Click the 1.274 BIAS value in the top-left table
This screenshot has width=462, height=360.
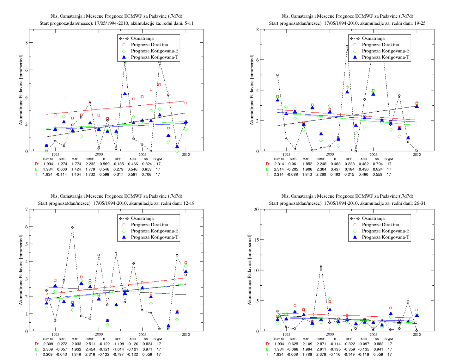[62, 164]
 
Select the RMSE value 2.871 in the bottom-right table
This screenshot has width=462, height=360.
[321, 344]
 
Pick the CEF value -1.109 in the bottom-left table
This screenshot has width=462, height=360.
[118, 344]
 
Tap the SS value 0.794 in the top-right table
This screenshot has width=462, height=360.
[377, 164]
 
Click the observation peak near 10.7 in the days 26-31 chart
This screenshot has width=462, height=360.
[321, 266]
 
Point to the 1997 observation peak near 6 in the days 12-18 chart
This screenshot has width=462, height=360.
[72, 227]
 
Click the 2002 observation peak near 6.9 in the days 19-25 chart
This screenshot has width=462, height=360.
[347, 47]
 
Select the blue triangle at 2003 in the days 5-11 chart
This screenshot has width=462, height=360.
[125, 94]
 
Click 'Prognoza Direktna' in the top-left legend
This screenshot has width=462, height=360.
[149, 45]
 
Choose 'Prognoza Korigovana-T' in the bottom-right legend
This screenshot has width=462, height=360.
[386, 237]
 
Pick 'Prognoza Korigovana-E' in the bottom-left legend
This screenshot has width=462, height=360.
[155, 231]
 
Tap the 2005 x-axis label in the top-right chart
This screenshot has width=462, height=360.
[373, 154]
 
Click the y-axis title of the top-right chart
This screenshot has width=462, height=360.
[252, 90]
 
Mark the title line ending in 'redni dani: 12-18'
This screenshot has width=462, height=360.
[116, 203]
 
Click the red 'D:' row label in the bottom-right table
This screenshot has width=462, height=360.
[268, 344]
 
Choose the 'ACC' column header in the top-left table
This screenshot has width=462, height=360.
[133, 159]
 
